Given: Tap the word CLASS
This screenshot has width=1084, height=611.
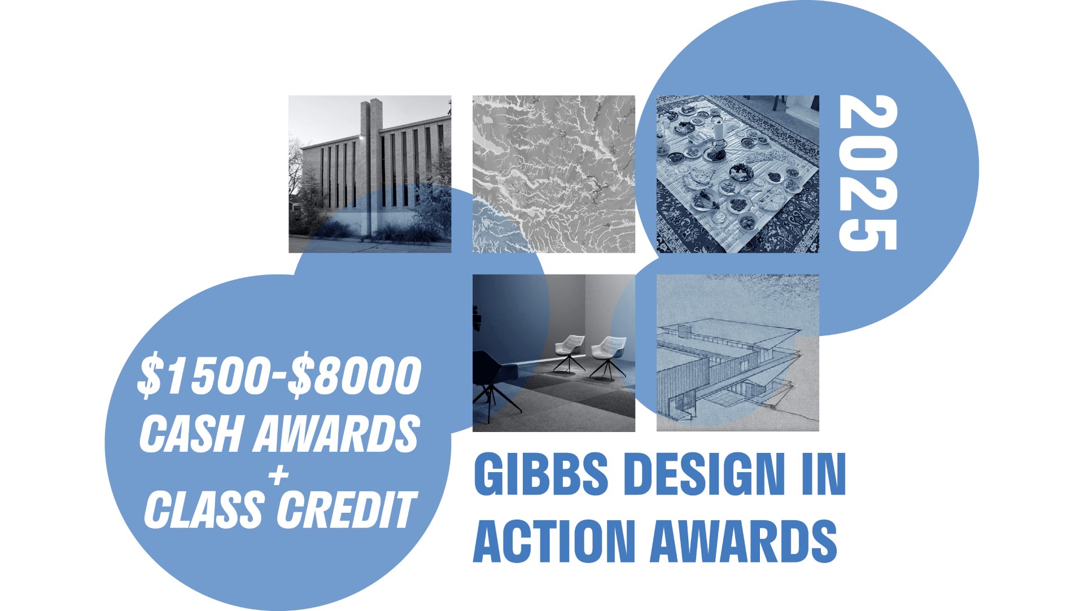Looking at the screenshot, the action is coord(204,509).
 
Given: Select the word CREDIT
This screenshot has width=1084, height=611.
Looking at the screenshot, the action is coord(346,509).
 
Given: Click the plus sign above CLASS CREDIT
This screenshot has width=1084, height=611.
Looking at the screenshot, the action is coord(278,475).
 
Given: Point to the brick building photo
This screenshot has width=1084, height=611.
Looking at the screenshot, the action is coord(370,174).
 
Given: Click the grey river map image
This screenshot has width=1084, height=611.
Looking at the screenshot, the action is coord(554,174).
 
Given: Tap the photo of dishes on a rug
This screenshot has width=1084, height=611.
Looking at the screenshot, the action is coord(737,174).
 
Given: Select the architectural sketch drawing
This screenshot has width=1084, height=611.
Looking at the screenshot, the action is coord(737,353).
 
